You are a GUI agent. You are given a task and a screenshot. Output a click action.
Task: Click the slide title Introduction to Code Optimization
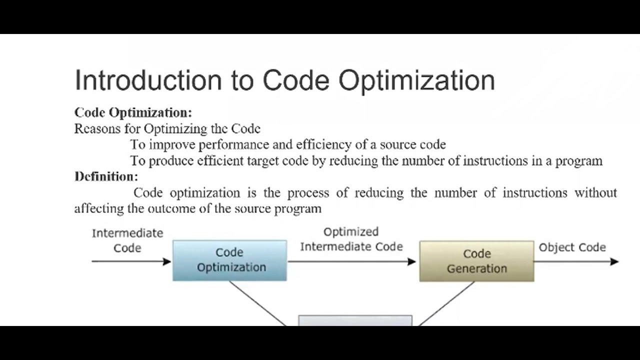point(284,80)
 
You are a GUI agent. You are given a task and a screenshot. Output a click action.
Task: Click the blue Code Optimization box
point(230,260)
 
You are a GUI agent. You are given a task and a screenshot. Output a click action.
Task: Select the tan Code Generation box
point(476,261)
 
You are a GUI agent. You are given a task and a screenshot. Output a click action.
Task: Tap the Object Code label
point(572,247)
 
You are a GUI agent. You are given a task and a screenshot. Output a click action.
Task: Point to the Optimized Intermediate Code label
point(351,239)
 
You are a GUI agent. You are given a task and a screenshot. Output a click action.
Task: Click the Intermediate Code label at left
point(127,240)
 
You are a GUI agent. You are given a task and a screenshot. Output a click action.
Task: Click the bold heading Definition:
point(106,176)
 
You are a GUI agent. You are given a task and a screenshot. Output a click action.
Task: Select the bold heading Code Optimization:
point(133,112)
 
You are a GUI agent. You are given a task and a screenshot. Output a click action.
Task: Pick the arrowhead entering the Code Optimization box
point(167,261)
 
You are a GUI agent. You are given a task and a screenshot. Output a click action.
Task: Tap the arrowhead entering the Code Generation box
point(412,261)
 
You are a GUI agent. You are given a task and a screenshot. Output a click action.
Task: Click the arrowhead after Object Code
point(614,261)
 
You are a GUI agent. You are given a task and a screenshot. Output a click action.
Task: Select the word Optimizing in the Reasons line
point(175,129)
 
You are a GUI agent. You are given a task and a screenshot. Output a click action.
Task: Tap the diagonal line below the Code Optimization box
point(257,303)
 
